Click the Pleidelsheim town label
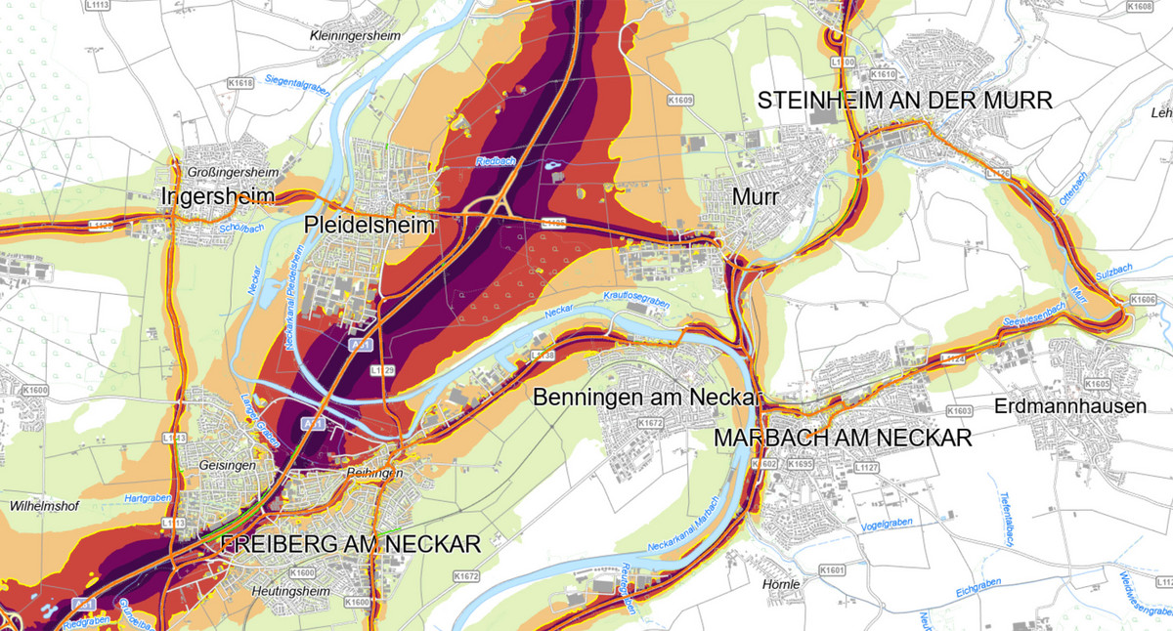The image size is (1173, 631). (369, 225)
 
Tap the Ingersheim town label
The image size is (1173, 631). (216, 197)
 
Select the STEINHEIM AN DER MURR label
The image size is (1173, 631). (905, 101)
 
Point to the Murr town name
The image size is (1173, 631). (755, 197)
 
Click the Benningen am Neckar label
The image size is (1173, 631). (646, 398)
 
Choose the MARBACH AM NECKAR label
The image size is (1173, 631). (842, 438)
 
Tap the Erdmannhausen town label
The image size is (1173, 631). (1069, 406)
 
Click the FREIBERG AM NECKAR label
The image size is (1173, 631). (351, 544)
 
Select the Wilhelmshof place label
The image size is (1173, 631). (43, 507)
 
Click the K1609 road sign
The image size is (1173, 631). (679, 100)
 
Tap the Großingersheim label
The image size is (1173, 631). (233, 173)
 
